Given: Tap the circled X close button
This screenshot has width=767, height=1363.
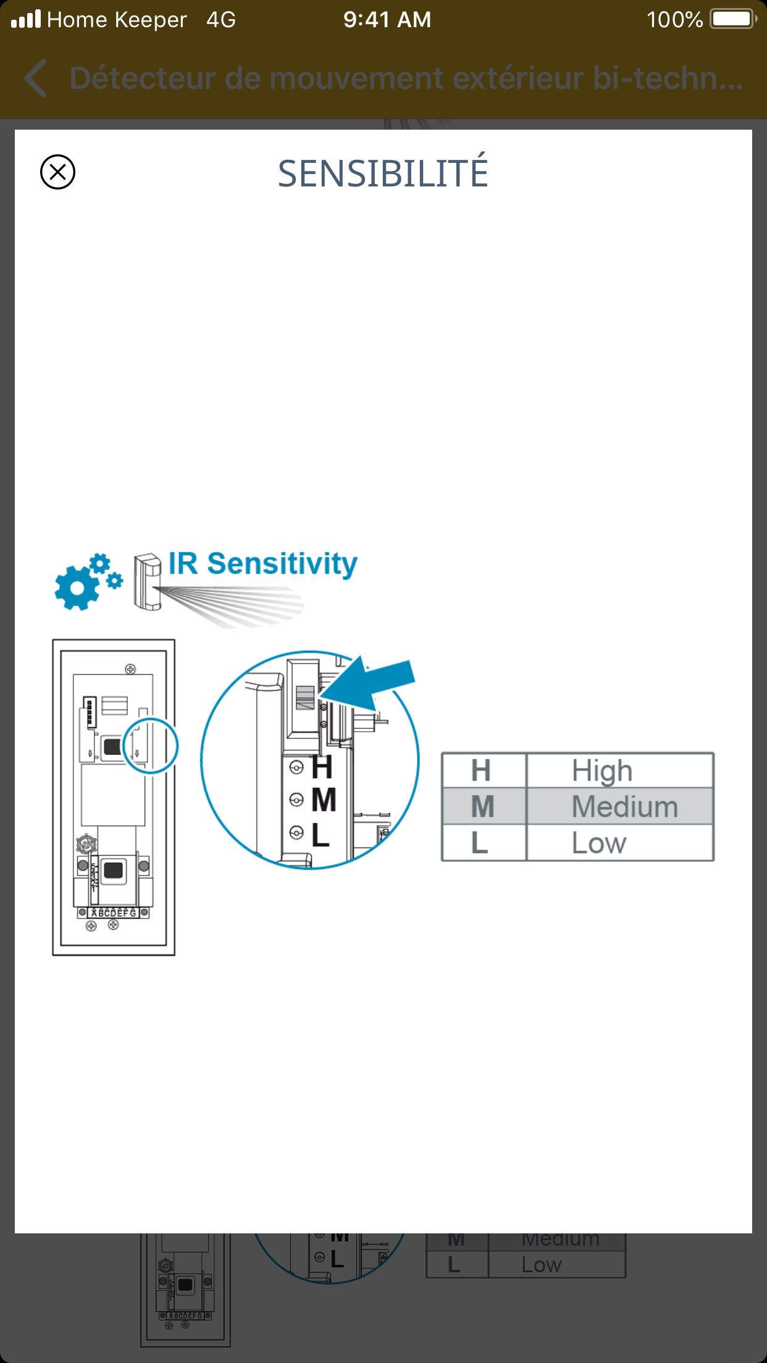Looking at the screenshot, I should pyautogui.click(x=57, y=172).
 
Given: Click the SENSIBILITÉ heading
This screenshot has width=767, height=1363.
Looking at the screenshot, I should pyautogui.click(x=383, y=173).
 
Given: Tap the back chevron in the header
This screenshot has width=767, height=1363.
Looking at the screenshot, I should pyautogui.click(x=36, y=78).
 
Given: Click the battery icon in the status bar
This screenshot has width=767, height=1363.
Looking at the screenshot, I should pyautogui.click(x=732, y=19).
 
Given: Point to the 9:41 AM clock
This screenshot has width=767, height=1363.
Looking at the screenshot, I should pyautogui.click(x=387, y=20).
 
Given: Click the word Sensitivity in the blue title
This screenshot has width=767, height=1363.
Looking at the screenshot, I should pyautogui.click(x=282, y=564).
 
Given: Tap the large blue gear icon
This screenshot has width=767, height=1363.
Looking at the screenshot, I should pyautogui.click(x=77, y=586).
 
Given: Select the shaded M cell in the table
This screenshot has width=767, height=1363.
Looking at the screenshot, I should pyautogui.click(x=483, y=806).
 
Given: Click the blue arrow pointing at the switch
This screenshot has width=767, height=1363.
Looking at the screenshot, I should pyautogui.click(x=371, y=683).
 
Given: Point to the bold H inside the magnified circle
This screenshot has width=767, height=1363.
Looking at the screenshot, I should pyautogui.click(x=322, y=768).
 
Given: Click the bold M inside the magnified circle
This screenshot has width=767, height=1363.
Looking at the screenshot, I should pyautogui.click(x=324, y=801).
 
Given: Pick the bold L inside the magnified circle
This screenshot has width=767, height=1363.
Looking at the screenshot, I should pyautogui.click(x=321, y=835).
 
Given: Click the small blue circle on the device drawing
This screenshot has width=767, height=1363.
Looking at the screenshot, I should pyautogui.click(x=151, y=746).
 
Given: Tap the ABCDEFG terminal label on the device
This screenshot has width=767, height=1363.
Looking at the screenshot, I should pyautogui.click(x=114, y=912).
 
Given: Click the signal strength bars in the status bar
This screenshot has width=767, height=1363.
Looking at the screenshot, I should pyautogui.click(x=26, y=19).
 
